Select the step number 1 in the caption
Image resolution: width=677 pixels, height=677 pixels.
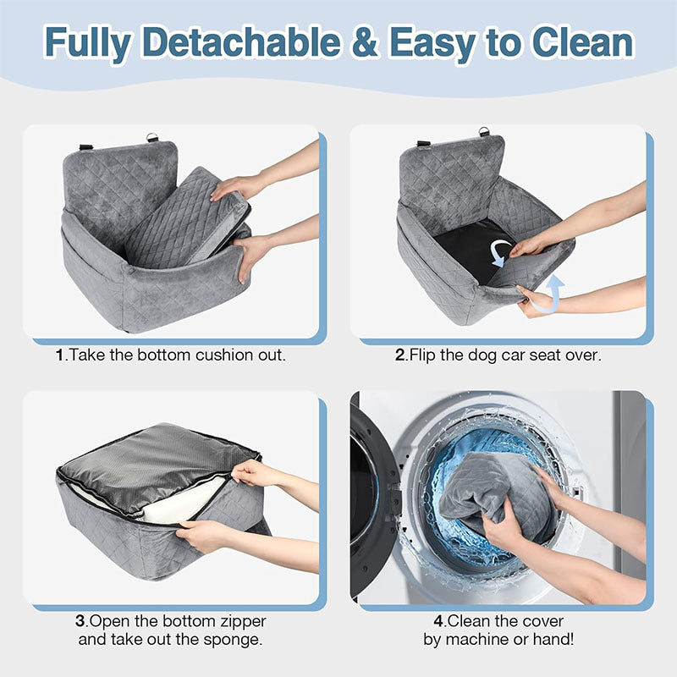[59, 355]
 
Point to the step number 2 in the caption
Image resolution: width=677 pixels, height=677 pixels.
[400, 355]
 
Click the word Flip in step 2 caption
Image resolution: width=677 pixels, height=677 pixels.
[425, 355]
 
